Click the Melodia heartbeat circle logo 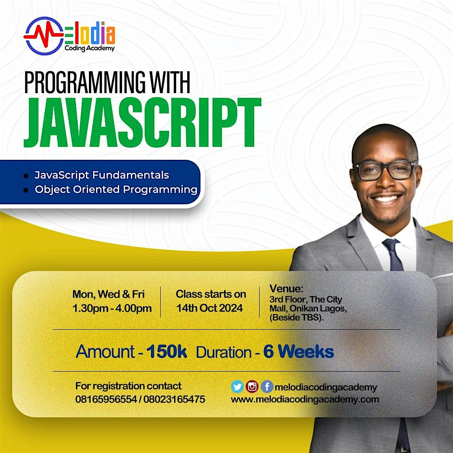pyautogui.click(x=44, y=36)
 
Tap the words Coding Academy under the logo pyautogui.click(x=89, y=49)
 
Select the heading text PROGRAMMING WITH pyautogui.click(x=107, y=83)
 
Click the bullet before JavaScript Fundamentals pyautogui.click(x=26, y=175)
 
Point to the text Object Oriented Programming pyautogui.click(x=116, y=189)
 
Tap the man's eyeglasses pyautogui.click(x=384, y=170)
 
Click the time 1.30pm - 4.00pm pyautogui.click(x=112, y=309)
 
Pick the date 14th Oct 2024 pyautogui.click(x=209, y=308)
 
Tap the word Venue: pyautogui.click(x=286, y=289)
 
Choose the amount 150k pyautogui.click(x=167, y=352)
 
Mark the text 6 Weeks pyautogui.click(x=298, y=352)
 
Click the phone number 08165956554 pyautogui.click(x=106, y=399)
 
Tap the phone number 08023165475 pyautogui.click(x=174, y=399)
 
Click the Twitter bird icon pyautogui.click(x=237, y=387)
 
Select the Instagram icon pyautogui.click(x=252, y=387)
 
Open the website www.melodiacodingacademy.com pyautogui.click(x=305, y=399)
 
